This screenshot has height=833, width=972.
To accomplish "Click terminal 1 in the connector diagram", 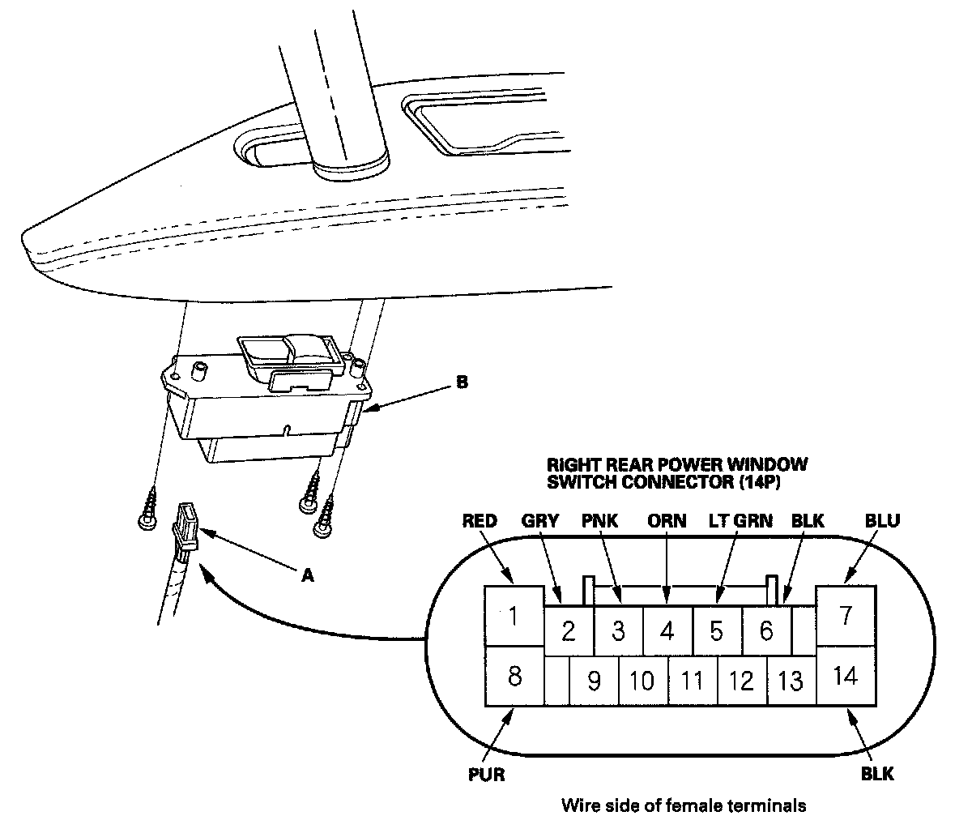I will pyautogui.click(x=513, y=617).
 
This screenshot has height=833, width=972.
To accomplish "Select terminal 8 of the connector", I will pyautogui.click(x=514, y=676).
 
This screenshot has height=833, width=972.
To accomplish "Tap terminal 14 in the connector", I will pyautogui.click(x=845, y=675).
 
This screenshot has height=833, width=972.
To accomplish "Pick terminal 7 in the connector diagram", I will pyautogui.click(x=846, y=616).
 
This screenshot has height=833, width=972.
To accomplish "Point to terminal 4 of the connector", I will pyautogui.click(x=667, y=630).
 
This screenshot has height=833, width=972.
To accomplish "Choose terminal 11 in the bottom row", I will pyautogui.click(x=692, y=680).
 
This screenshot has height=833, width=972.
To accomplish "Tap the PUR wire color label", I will pyautogui.click(x=486, y=775).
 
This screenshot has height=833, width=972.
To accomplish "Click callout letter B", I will pyautogui.click(x=462, y=382).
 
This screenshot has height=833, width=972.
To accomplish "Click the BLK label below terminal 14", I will pyautogui.click(x=877, y=775).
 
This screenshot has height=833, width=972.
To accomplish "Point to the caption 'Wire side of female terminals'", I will pyautogui.click(x=684, y=805).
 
